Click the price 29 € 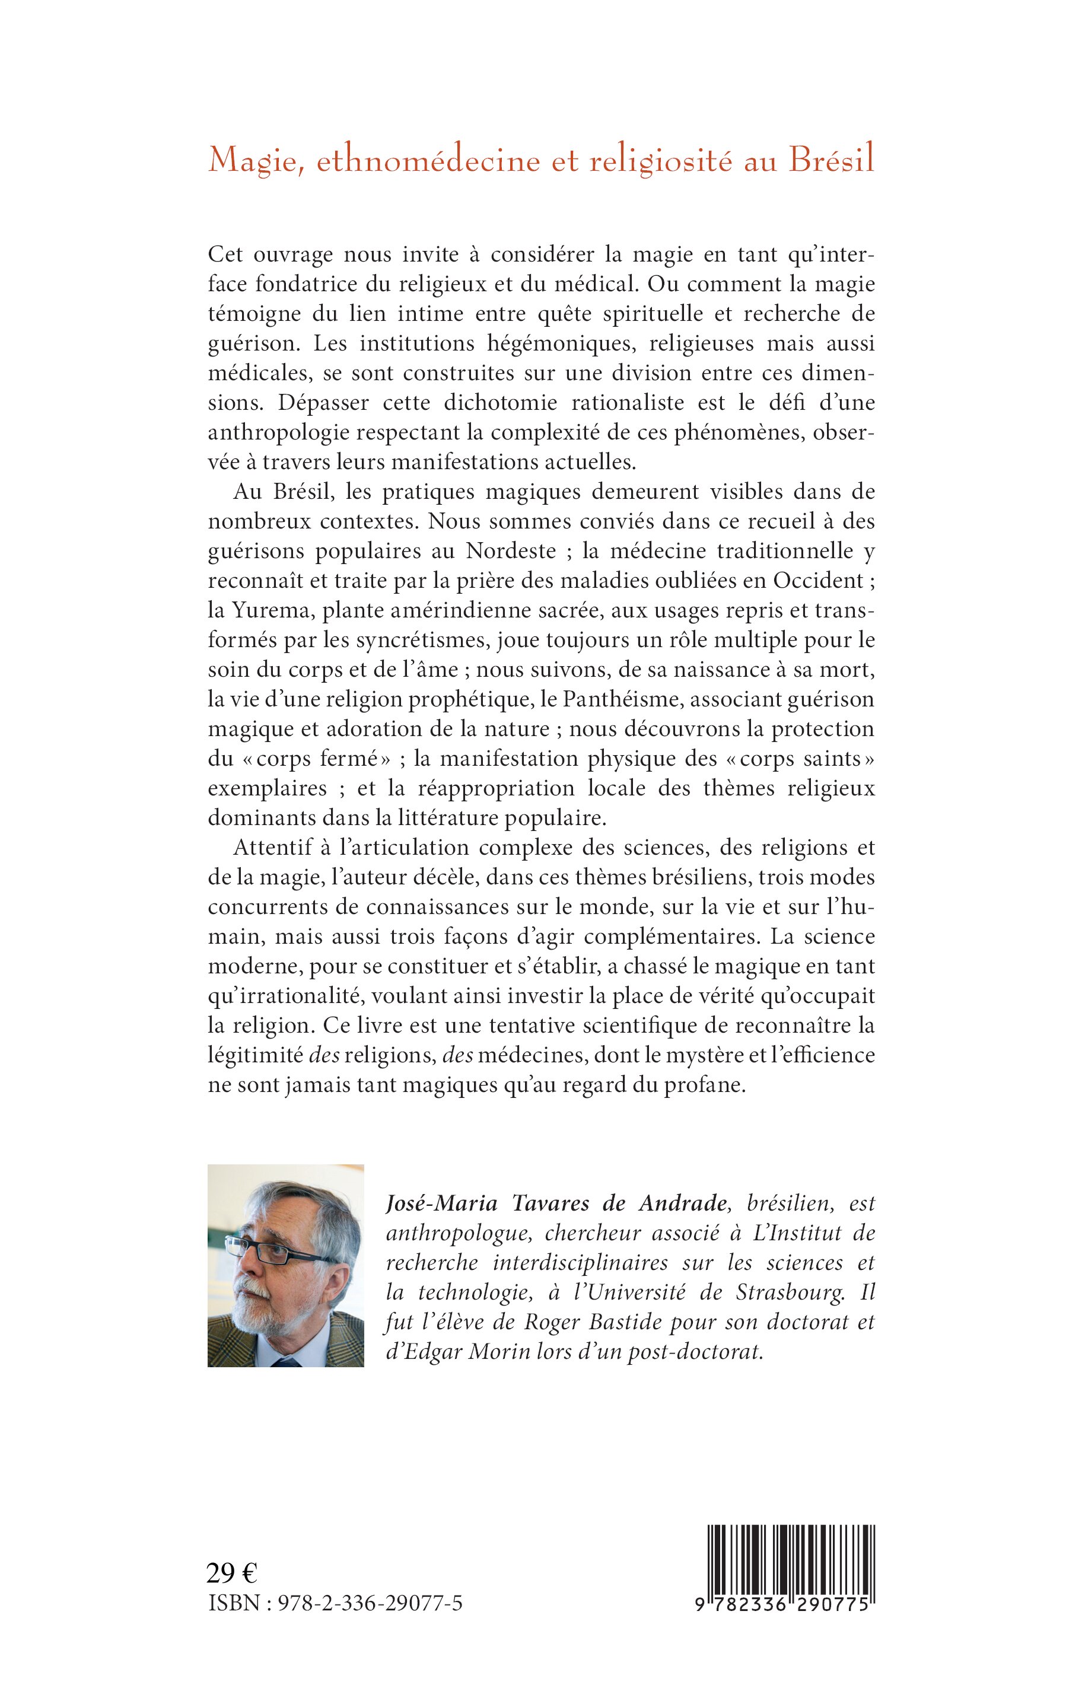click(232, 1573)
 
